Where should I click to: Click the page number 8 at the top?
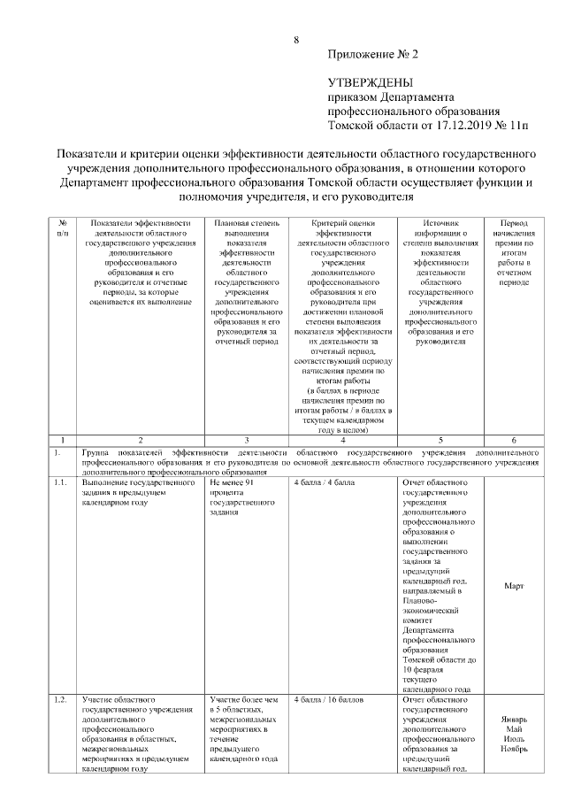[296, 39]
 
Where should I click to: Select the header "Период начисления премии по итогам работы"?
[514, 252]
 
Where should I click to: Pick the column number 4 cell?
[342, 440]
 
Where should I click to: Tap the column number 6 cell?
[514, 440]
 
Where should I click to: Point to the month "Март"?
[514, 586]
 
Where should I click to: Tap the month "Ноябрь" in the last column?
[514, 750]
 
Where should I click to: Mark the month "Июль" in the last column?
[514, 739]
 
